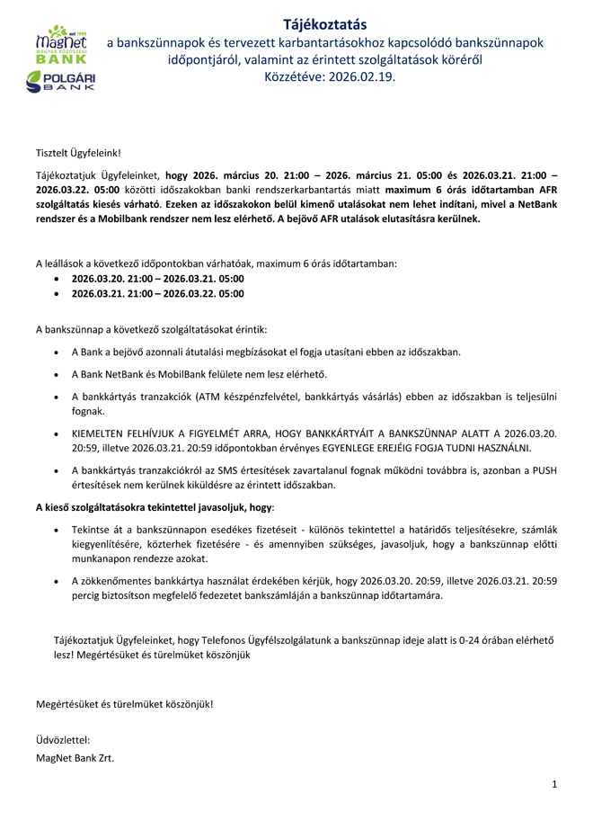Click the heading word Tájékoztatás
coord(324,24)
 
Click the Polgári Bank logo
coord(61,82)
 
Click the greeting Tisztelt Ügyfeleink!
coord(77,155)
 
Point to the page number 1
coord(554,784)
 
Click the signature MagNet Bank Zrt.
coord(75,757)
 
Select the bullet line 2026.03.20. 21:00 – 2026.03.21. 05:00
coord(157,279)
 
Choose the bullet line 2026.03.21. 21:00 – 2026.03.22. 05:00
coord(157,293)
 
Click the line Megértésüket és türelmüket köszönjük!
coord(124,703)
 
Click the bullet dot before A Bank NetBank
coord(58,374)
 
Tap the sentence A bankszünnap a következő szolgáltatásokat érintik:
coord(151,329)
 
